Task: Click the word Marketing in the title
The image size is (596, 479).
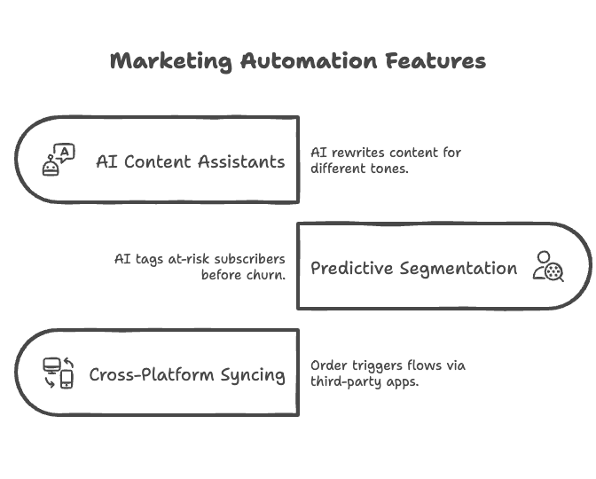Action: coord(171,61)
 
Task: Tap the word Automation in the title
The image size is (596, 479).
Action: coord(309,61)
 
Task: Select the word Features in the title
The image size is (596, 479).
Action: coord(435,61)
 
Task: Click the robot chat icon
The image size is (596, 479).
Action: coord(59,160)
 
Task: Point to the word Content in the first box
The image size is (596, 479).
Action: coord(157,162)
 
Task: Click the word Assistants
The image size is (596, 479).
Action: coord(241,162)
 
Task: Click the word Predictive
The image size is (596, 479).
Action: coord(352,269)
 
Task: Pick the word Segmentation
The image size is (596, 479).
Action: coord(459,269)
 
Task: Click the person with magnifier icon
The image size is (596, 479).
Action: coord(548,266)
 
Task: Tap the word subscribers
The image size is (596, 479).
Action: coord(250,259)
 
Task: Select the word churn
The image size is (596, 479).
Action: coord(266,275)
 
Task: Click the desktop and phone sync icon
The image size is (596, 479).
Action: coord(59,373)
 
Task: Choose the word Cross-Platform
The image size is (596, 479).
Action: coord(152,375)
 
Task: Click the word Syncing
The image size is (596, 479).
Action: coord(253,375)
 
